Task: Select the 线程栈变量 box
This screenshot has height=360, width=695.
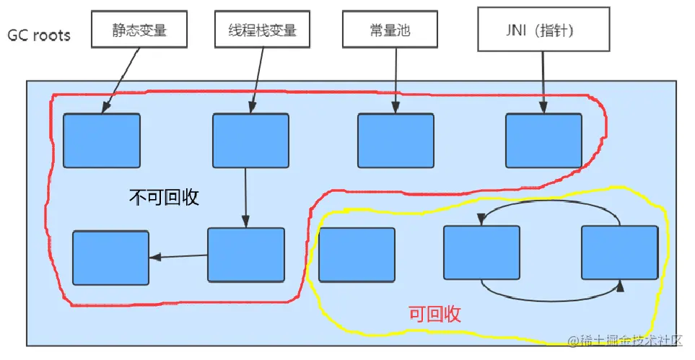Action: [257, 30]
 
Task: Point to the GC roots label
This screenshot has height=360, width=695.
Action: [39, 34]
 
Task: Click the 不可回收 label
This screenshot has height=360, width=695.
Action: [164, 196]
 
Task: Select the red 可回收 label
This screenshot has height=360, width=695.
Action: [434, 314]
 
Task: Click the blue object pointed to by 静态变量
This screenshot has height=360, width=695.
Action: [101, 141]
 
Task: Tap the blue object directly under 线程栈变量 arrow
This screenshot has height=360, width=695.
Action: [250, 141]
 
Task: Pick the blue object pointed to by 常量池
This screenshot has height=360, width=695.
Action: [396, 141]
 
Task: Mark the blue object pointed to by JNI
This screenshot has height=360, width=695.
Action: [543, 141]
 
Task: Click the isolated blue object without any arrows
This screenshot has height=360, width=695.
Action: [357, 255]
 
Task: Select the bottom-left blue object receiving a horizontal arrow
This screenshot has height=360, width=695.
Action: [110, 258]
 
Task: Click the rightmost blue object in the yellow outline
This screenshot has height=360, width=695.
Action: [619, 253]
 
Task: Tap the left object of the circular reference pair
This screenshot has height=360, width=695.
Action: [481, 253]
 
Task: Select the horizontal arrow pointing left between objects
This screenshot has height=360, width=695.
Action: [178, 256]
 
